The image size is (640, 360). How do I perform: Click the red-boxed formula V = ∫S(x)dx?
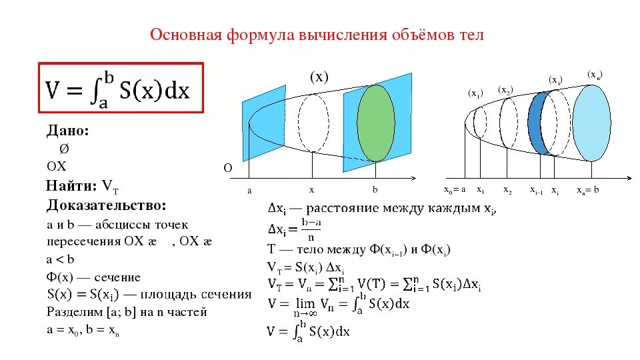[120, 89]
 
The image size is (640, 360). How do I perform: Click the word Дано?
[67, 131]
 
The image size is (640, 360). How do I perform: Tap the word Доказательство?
[107, 205]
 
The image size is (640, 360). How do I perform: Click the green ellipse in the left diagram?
[376, 123]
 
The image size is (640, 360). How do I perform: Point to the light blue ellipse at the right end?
[591, 123]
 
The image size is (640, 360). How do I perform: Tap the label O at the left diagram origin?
[227, 169]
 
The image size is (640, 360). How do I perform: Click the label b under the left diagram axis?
[375, 190]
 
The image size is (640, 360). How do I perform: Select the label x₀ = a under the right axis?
[455, 190]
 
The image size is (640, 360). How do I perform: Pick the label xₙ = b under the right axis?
[588, 190]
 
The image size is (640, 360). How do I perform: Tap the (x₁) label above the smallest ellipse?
[475, 93]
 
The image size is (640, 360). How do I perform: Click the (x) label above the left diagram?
[319, 77]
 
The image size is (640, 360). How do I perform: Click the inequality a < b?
[60, 259]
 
